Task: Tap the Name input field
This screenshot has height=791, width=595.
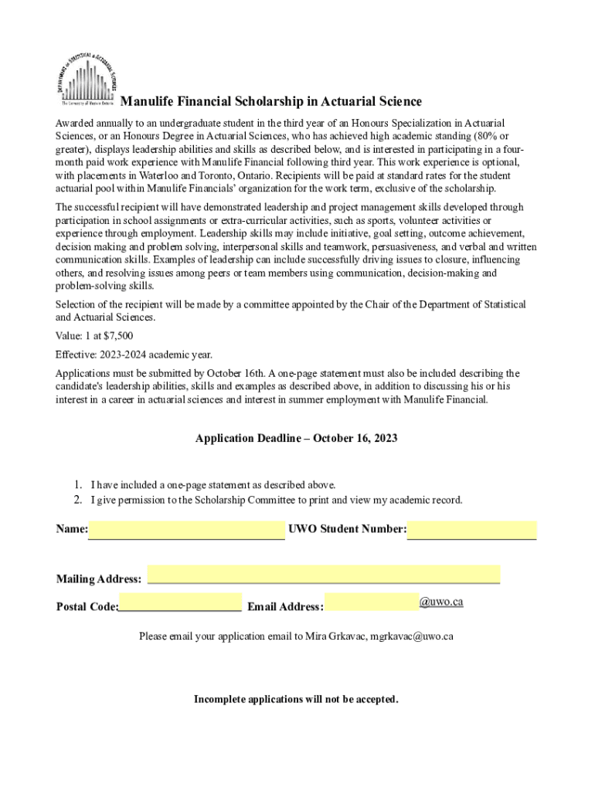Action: point(186,529)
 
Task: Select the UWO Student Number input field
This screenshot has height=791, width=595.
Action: point(471,529)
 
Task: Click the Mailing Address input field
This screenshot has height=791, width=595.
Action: point(323,574)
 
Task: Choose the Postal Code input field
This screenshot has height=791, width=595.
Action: point(180,602)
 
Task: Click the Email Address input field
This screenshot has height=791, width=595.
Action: point(372,602)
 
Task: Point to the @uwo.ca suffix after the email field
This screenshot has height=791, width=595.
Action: point(441,602)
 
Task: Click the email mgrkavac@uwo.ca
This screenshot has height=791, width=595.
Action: point(411,637)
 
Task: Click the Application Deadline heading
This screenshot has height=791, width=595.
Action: point(297,438)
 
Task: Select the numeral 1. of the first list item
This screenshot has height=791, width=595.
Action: point(78,485)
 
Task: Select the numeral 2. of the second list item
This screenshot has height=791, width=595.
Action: point(78,500)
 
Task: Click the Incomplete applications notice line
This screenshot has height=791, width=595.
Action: point(297,699)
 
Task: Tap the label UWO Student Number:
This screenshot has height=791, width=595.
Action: point(347,529)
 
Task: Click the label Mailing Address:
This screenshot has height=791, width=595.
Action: point(99,579)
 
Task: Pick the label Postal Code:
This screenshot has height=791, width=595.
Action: point(87,606)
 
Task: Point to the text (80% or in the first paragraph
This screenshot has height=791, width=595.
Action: point(492,136)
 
